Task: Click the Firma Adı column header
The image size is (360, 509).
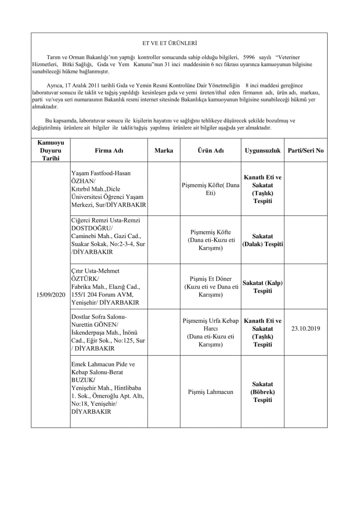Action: pyautogui.click(x=109, y=151)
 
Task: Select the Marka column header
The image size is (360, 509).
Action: pyautogui.click(x=164, y=151)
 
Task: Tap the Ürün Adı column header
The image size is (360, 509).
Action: pyautogui.click(x=211, y=151)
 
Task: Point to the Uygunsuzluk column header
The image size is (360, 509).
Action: pyautogui.click(x=263, y=151)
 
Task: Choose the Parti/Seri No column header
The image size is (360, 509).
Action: pyautogui.click(x=306, y=151)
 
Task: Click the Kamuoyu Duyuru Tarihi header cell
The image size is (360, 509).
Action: pyautogui.click(x=51, y=150)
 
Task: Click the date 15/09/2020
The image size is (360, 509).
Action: pyautogui.click(x=51, y=294)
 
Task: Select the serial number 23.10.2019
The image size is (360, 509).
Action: pyautogui.click(x=306, y=329)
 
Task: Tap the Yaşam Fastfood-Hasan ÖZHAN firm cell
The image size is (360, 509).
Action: pyautogui.click(x=108, y=189)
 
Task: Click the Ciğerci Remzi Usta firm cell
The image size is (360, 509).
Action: pyautogui.click(x=108, y=236)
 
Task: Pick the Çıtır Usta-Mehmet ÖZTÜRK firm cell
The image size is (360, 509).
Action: pyautogui.click(x=108, y=287)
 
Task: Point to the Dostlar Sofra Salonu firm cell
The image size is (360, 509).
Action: pyautogui.click(x=108, y=333)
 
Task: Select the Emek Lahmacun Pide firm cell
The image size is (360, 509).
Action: pyautogui.click(x=108, y=387)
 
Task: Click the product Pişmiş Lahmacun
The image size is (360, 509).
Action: pyautogui.click(x=211, y=392)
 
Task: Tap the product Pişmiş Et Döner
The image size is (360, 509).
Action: pyautogui.click(x=211, y=287)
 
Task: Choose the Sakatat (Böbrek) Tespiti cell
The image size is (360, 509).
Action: pyautogui.click(x=263, y=392)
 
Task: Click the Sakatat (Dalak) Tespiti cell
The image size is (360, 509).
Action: pyautogui.click(x=263, y=240)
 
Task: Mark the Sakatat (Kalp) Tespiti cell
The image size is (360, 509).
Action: pyautogui.click(x=263, y=287)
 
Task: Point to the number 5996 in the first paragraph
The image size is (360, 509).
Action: pyautogui.click(x=248, y=58)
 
